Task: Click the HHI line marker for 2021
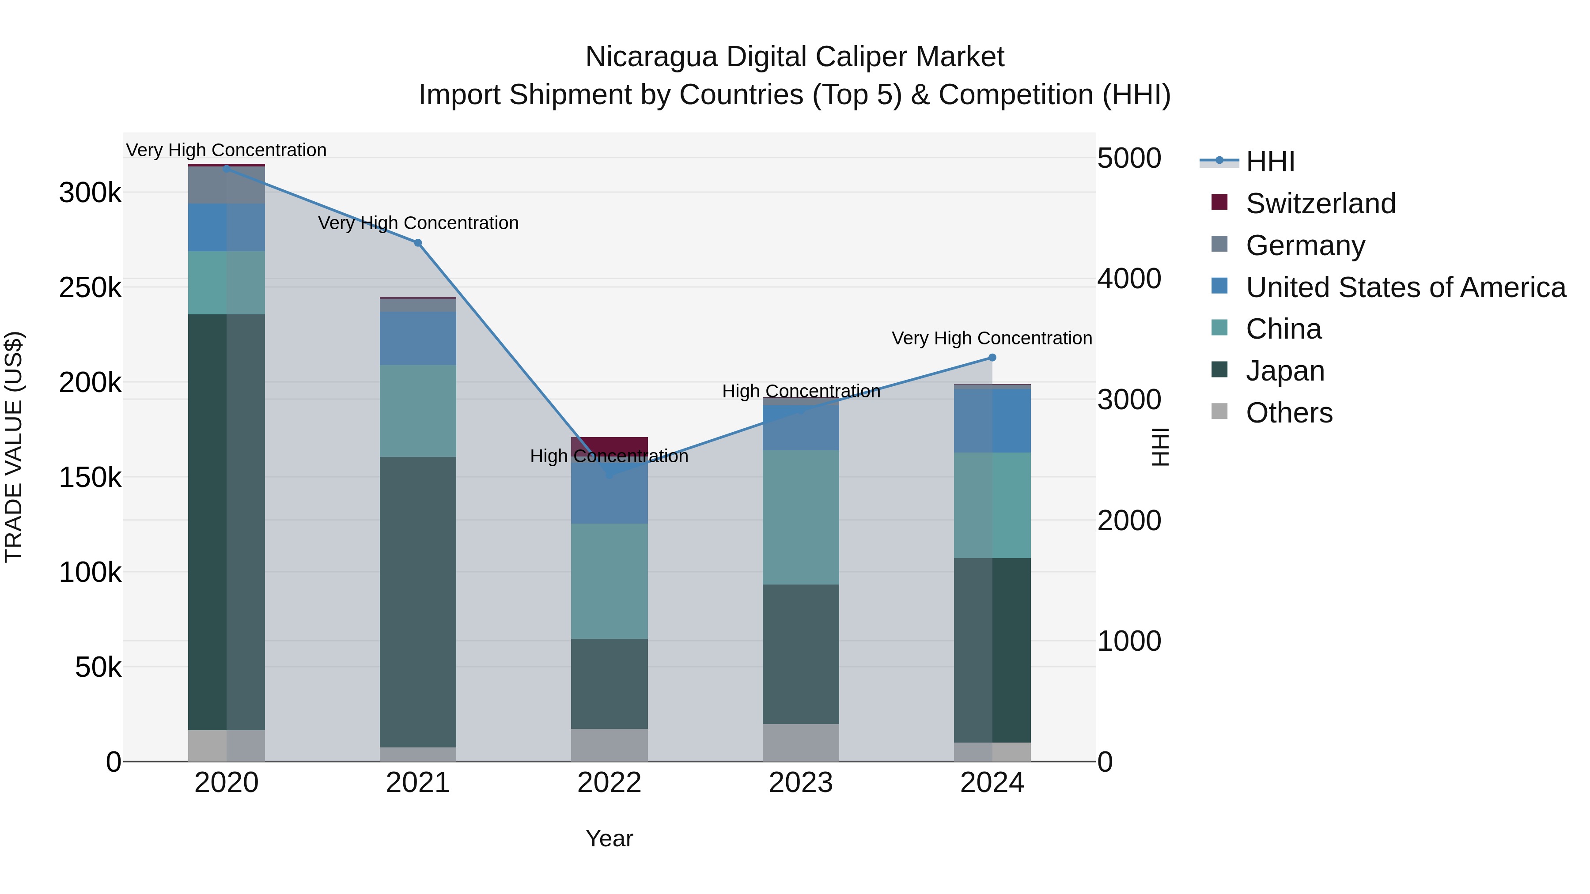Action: tap(418, 243)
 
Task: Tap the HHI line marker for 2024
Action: tap(992, 358)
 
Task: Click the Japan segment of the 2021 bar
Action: tap(418, 602)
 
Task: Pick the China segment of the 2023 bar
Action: tap(801, 517)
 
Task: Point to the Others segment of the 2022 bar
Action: tap(609, 745)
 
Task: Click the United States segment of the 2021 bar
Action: tap(418, 338)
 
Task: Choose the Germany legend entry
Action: tap(1305, 245)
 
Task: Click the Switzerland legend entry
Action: tap(1320, 204)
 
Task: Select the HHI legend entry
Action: tap(1270, 162)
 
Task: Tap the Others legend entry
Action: tap(1289, 413)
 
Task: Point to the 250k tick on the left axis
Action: tap(90, 287)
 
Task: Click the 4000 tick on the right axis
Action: tap(1129, 278)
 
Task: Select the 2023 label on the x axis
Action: tap(801, 783)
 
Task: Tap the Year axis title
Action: tap(609, 838)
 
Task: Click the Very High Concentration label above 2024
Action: tap(992, 338)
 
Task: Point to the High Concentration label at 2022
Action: tap(609, 456)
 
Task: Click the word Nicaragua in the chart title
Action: tap(651, 57)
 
